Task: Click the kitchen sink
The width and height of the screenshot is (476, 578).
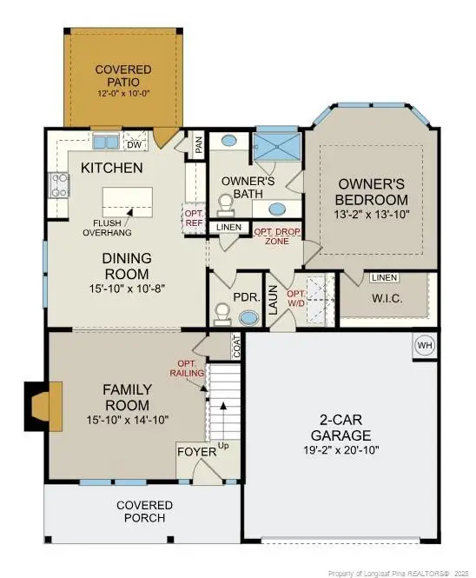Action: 106,143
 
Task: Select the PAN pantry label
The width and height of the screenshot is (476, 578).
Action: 199,146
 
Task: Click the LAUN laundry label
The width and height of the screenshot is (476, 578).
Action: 272,299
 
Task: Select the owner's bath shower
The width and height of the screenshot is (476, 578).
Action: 277,148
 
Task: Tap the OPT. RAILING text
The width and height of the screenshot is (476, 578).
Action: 191,369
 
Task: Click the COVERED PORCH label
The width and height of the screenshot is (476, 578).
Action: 144,512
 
